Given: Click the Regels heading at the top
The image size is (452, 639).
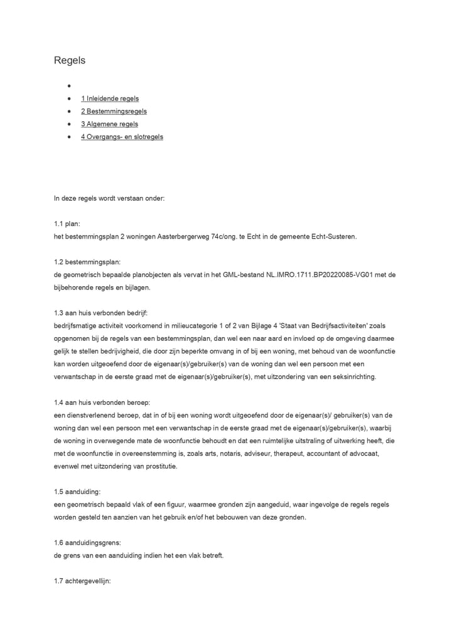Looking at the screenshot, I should click(x=69, y=61).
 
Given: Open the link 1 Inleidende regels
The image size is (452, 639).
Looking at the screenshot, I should click(x=109, y=99).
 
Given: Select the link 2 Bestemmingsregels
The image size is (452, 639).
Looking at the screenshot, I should click(x=114, y=111).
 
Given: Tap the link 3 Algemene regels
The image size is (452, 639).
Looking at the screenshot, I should click(x=109, y=124).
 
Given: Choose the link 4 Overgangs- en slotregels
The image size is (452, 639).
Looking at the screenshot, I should click(x=122, y=137).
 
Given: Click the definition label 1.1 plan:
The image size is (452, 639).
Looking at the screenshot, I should click(x=67, y=223).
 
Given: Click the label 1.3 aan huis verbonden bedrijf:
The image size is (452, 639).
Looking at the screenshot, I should click(x=100, y=313).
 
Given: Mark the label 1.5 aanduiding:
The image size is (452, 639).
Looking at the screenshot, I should click(x=78, y=491).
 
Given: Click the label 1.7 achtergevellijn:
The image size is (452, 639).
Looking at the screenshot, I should click(x=82, y=581).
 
